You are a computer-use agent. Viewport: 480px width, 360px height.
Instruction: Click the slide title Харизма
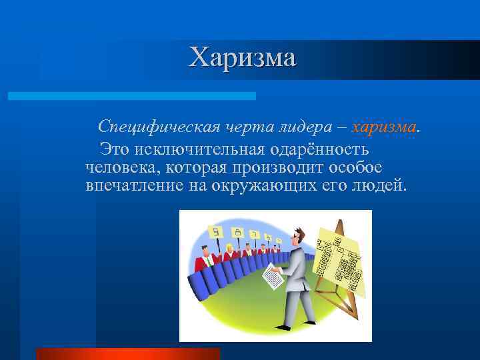click(x=242, y=57)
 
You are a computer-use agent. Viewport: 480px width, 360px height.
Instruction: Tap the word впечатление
click(x=128, y=185)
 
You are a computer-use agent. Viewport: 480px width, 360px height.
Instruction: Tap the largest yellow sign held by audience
click(x=215, y=233)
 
